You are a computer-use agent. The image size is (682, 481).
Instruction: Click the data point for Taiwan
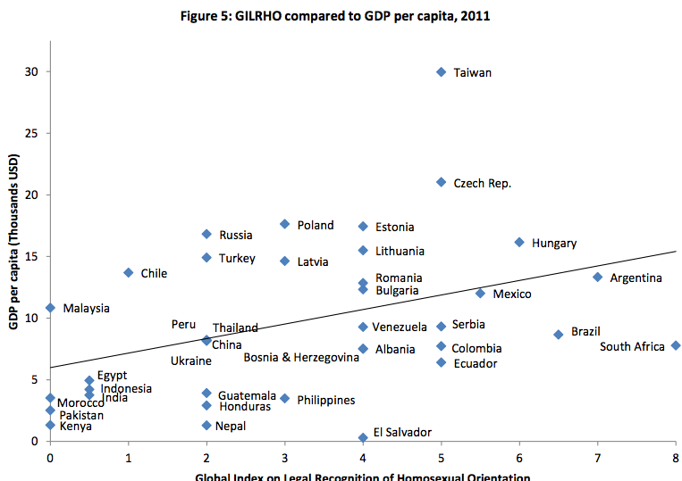[x=442, y=71]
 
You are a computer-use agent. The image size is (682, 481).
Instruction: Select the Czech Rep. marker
[x=442, y=182]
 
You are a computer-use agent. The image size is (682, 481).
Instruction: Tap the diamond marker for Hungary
[x=519, y=242]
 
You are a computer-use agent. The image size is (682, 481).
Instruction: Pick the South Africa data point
[x=676, y=345]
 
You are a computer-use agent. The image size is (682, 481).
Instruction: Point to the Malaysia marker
[x=50, y=308]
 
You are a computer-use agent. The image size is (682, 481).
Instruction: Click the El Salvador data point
[x=363, y=437]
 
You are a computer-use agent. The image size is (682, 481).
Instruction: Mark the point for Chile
[x=129, y=272]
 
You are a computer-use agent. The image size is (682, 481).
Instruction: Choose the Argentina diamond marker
[x=598, y=277]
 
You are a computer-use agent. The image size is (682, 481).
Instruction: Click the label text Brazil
[x=585, y=331]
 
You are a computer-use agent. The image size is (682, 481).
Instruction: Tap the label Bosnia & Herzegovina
[x=301, y=357]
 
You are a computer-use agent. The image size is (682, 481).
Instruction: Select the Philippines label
[x=325, y=400]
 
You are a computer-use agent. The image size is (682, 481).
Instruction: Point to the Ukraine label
[x=191, y=361]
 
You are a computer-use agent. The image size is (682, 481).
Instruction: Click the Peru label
[x=183, y=324]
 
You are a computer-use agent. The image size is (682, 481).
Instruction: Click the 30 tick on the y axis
[x=31, y=71]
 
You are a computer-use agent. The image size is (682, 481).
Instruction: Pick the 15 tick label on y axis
[x=31, y=256]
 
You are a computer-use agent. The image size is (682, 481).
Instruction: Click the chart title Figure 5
[x=341, y=14]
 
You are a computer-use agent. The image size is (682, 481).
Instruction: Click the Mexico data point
[x=480, y=293]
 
